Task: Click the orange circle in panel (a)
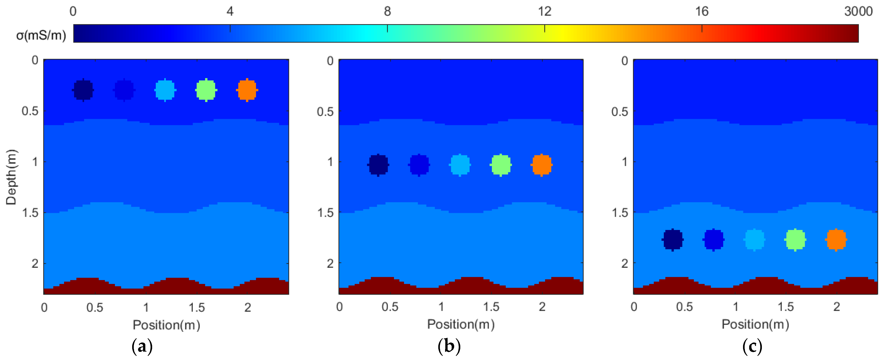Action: (x=247, y=90)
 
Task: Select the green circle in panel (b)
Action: (x=500, y=165)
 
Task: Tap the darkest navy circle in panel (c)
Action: (x=672, y=239)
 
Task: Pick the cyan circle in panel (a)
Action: (x=165, y=90)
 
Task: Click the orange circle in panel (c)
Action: (x=836, y=239)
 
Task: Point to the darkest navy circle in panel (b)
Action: (x=378, y=165)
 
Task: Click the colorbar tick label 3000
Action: (x=858, y=12)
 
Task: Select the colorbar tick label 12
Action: (x=544, y=12)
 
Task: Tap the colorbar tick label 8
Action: (x=387, y=12)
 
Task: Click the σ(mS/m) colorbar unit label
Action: (x=41, y=35)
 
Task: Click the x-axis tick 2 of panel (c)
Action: (x=836, y=307)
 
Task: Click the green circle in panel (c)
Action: (x=795, y=239)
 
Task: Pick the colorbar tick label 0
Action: (x=73, y=12)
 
